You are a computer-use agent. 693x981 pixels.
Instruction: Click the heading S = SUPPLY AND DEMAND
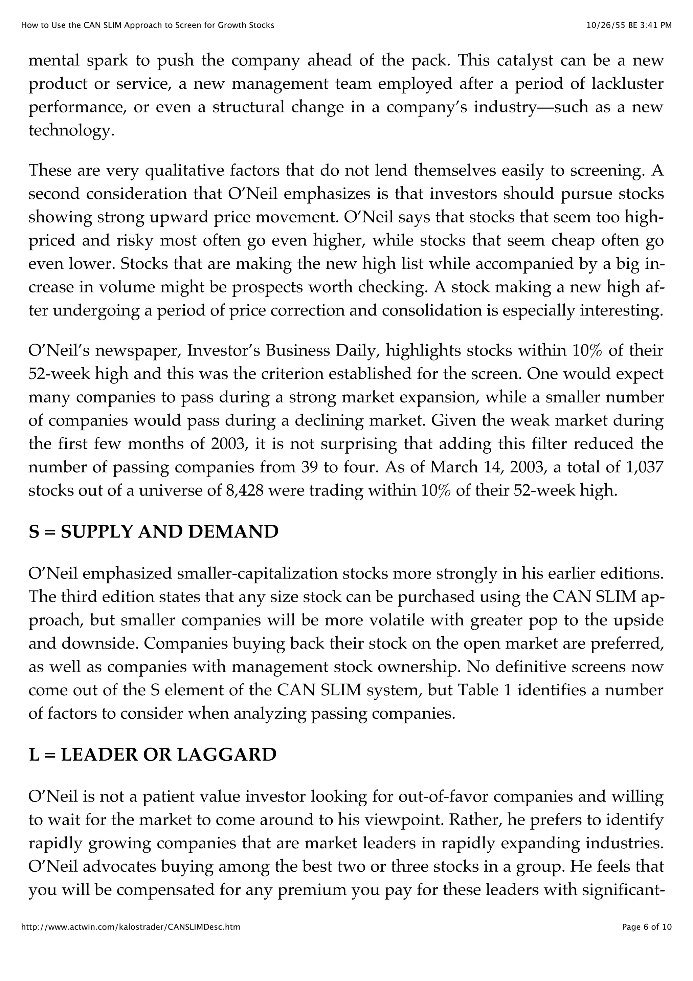click(153, 532)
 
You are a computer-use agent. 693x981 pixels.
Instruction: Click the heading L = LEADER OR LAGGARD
click(152, 755)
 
